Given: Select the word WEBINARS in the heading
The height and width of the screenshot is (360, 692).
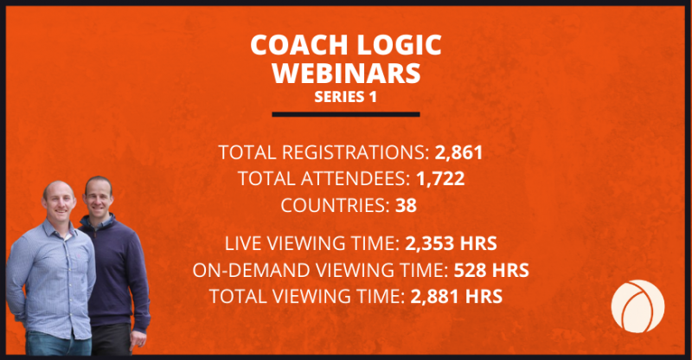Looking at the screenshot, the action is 347,73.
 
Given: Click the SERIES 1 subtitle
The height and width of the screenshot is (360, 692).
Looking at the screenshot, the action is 345,97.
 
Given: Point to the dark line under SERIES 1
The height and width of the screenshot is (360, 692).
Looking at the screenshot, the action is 346,114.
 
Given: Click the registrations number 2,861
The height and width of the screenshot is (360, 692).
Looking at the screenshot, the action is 459,153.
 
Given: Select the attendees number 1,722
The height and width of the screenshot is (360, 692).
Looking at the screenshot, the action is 440,179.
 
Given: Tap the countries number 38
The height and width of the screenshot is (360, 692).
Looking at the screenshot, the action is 406,205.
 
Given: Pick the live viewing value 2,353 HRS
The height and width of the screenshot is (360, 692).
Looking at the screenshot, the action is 451,244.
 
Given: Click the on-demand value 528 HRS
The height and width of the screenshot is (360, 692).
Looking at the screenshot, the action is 491,270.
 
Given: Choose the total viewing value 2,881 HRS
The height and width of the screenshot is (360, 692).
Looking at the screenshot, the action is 457,296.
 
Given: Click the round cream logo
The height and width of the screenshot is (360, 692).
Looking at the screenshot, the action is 638,306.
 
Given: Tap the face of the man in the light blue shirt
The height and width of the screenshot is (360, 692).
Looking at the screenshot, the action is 59,202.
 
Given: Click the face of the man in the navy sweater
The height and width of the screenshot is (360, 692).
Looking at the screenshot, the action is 99,197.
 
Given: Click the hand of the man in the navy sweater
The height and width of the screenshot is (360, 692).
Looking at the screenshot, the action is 139,338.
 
